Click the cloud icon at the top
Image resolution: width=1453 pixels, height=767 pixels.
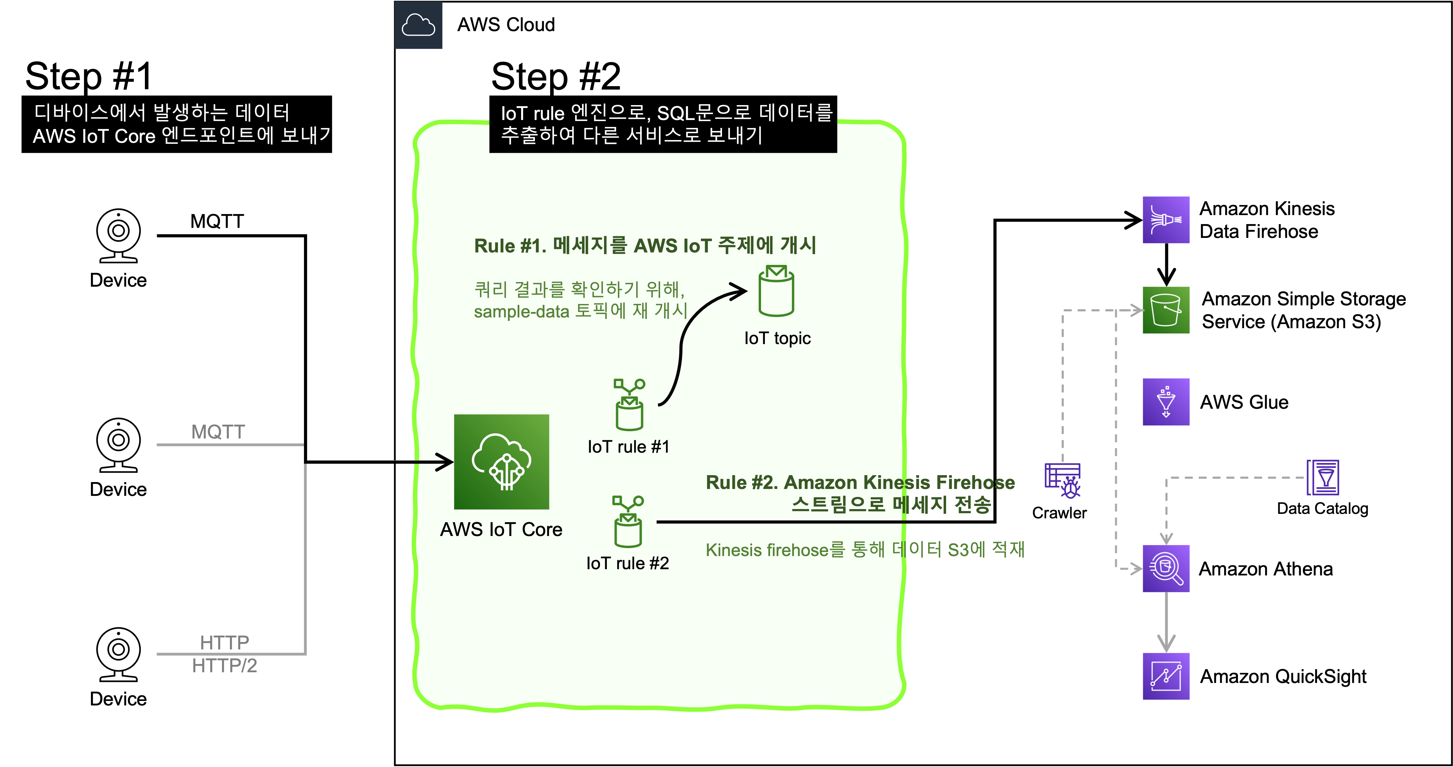418,25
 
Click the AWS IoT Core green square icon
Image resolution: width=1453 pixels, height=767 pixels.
501,462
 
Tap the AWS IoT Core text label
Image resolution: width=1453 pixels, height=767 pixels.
501,529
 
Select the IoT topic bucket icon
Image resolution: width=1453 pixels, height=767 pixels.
776,291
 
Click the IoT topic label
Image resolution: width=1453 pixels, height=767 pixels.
777,339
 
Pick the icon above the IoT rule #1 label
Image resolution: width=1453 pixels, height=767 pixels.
629,404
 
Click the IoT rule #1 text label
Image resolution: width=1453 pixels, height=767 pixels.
628,447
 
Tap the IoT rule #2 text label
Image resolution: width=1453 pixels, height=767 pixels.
627,563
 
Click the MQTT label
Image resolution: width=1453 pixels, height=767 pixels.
218,432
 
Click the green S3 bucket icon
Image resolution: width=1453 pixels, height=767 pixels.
1166,310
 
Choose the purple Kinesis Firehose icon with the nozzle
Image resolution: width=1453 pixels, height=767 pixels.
1166,220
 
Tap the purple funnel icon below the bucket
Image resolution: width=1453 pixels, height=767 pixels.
1166,401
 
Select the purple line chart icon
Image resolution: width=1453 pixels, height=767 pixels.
1166,676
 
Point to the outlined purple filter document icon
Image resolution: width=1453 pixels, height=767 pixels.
1323,478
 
